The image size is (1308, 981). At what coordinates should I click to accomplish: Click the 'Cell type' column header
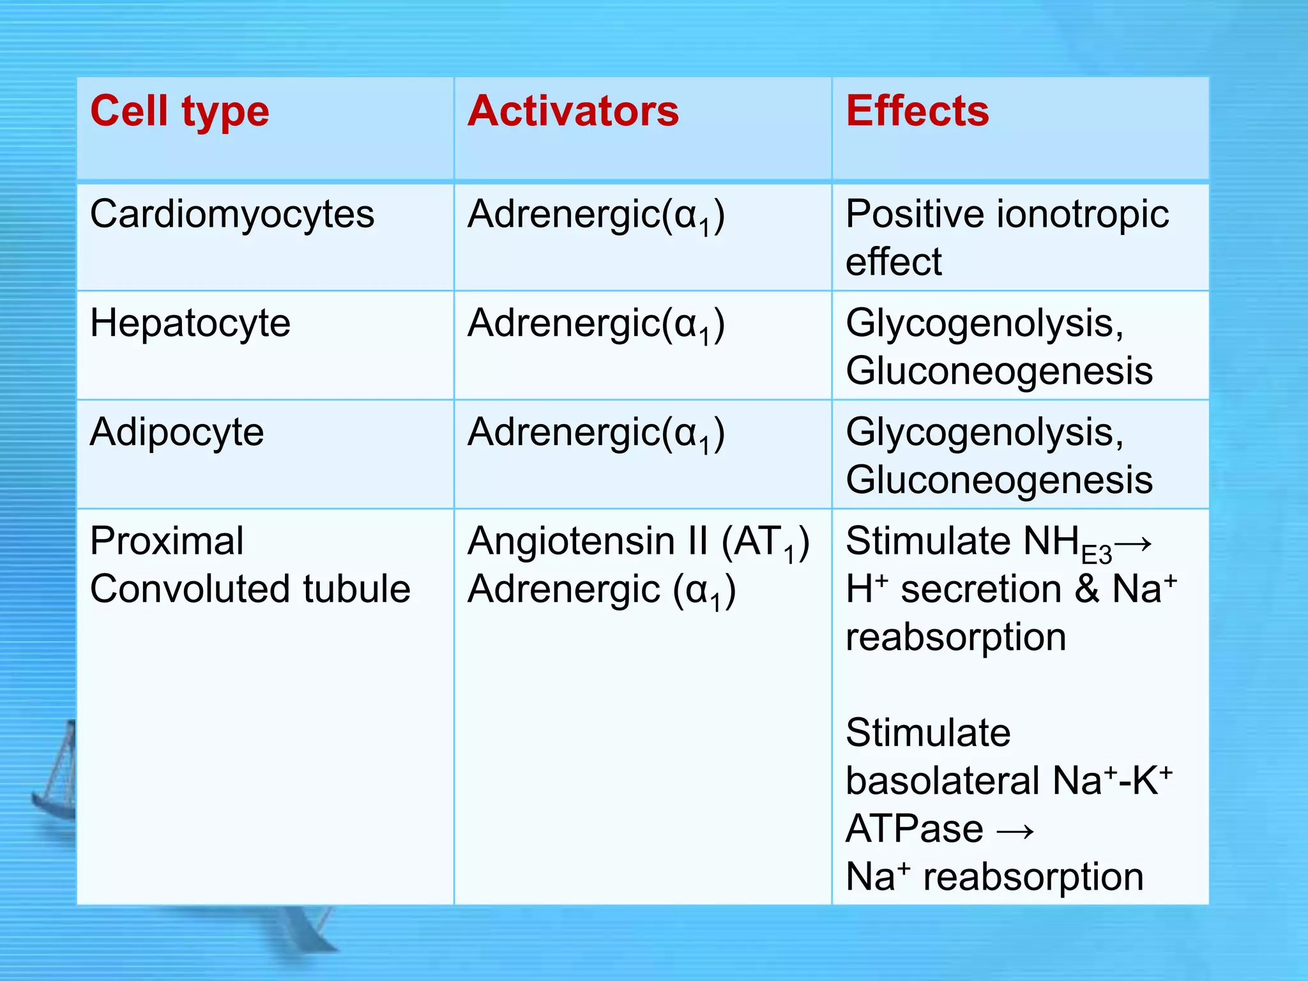tap(179, 112)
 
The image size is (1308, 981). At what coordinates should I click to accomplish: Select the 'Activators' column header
tap(573, 112)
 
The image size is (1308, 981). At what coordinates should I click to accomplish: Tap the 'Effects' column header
tap(917, 112)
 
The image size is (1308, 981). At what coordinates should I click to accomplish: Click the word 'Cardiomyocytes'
tap(232, 215)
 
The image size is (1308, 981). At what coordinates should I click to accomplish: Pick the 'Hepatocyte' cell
tap(190, 324)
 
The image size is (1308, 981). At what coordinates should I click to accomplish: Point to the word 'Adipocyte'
tap(176, 433)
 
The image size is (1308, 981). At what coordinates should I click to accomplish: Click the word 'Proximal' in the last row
tap(167, 542)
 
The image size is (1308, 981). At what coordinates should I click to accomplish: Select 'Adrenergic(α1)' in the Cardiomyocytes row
tap(596, 216)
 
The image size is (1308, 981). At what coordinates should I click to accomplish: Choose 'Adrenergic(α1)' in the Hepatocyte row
tap(596, 325)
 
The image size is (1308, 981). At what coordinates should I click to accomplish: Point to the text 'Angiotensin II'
tap(588, 542)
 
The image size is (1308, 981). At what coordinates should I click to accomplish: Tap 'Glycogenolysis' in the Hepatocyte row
tap(980, 324)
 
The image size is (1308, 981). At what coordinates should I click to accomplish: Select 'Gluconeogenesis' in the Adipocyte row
tap(999, 480)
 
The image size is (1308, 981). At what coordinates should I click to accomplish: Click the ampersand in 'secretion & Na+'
tap(1086, 589)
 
